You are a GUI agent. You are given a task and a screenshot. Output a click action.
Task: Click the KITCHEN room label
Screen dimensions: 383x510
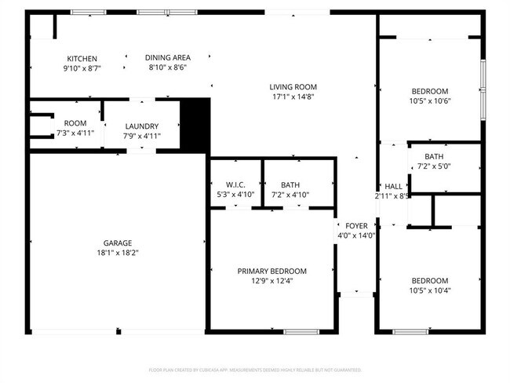coord(82,59)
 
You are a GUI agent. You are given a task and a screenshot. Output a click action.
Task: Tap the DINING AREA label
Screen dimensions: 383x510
coord(168,58)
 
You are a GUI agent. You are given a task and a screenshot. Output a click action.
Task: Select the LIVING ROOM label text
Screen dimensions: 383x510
coord(293,87)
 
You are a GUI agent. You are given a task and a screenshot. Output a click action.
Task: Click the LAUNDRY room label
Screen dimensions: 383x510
coord(141,126)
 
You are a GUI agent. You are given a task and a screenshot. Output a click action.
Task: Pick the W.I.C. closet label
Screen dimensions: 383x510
coord(235,184)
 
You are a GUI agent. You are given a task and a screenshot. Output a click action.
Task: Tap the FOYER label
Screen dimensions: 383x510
coord(356,226)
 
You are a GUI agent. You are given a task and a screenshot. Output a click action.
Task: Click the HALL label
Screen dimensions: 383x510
coord(393,187)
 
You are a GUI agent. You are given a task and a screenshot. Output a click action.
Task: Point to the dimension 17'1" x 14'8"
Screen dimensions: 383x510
coord(293,97)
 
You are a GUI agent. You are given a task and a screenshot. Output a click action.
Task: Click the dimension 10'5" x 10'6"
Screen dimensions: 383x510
coord(429,101)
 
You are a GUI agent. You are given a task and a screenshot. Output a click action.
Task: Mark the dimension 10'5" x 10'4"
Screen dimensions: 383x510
coord(429,290)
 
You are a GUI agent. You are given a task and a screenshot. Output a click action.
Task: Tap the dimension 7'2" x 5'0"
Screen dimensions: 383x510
coord(434,166)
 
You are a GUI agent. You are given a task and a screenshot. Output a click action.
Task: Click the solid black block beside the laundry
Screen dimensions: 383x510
coord(195,123)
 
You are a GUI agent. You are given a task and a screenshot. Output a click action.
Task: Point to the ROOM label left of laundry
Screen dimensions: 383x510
coord(75,123)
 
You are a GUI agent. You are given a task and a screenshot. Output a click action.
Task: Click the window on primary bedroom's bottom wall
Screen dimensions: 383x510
coord(301,331)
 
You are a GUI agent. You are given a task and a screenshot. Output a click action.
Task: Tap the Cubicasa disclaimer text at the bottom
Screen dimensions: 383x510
coord(255,369)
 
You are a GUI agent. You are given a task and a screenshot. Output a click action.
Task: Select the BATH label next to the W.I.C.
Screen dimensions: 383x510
coord(290,184)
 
